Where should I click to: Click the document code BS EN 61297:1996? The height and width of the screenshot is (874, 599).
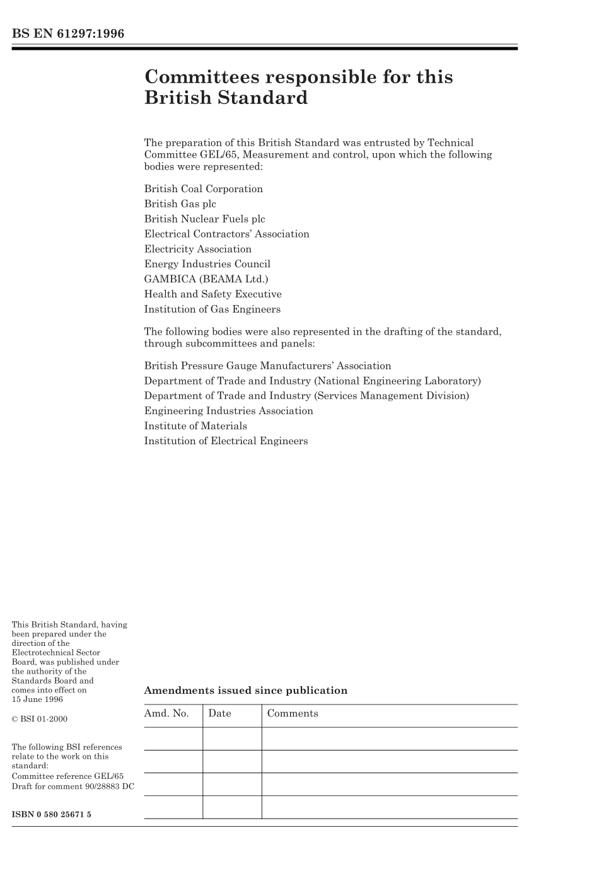coord(68,34)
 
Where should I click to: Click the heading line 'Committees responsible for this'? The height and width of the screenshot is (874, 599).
coord(298,77)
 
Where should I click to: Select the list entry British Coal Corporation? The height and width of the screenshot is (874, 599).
coord(203,189)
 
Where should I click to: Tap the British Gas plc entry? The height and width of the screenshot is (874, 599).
coord(180,204)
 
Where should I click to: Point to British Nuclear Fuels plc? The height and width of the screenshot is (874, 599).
coord(204,219)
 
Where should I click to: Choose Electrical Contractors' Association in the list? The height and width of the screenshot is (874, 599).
coord(226,234)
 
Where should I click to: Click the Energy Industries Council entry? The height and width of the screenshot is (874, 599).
coord(207,264)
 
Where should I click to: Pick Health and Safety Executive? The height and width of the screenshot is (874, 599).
coord(212,294)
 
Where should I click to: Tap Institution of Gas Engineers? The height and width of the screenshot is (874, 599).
coord(212,309)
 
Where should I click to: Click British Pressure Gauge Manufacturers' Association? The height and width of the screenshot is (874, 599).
coord(267,366)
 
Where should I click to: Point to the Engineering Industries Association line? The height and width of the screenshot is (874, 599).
coord(228,411)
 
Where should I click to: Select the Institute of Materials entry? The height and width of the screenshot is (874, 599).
coord(195,426)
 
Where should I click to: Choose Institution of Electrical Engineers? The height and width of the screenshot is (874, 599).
coord(226,441)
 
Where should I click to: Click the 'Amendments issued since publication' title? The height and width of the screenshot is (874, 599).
coord(245,691)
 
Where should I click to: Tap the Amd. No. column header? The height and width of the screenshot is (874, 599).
coord(166,713)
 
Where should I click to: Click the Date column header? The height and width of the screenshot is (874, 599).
coord(219,713)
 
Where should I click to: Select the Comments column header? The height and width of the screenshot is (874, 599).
coord(293,713)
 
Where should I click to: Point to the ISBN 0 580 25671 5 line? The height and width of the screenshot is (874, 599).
coord(52,814)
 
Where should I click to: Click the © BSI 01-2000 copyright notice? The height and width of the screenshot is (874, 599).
coord(40,719)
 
